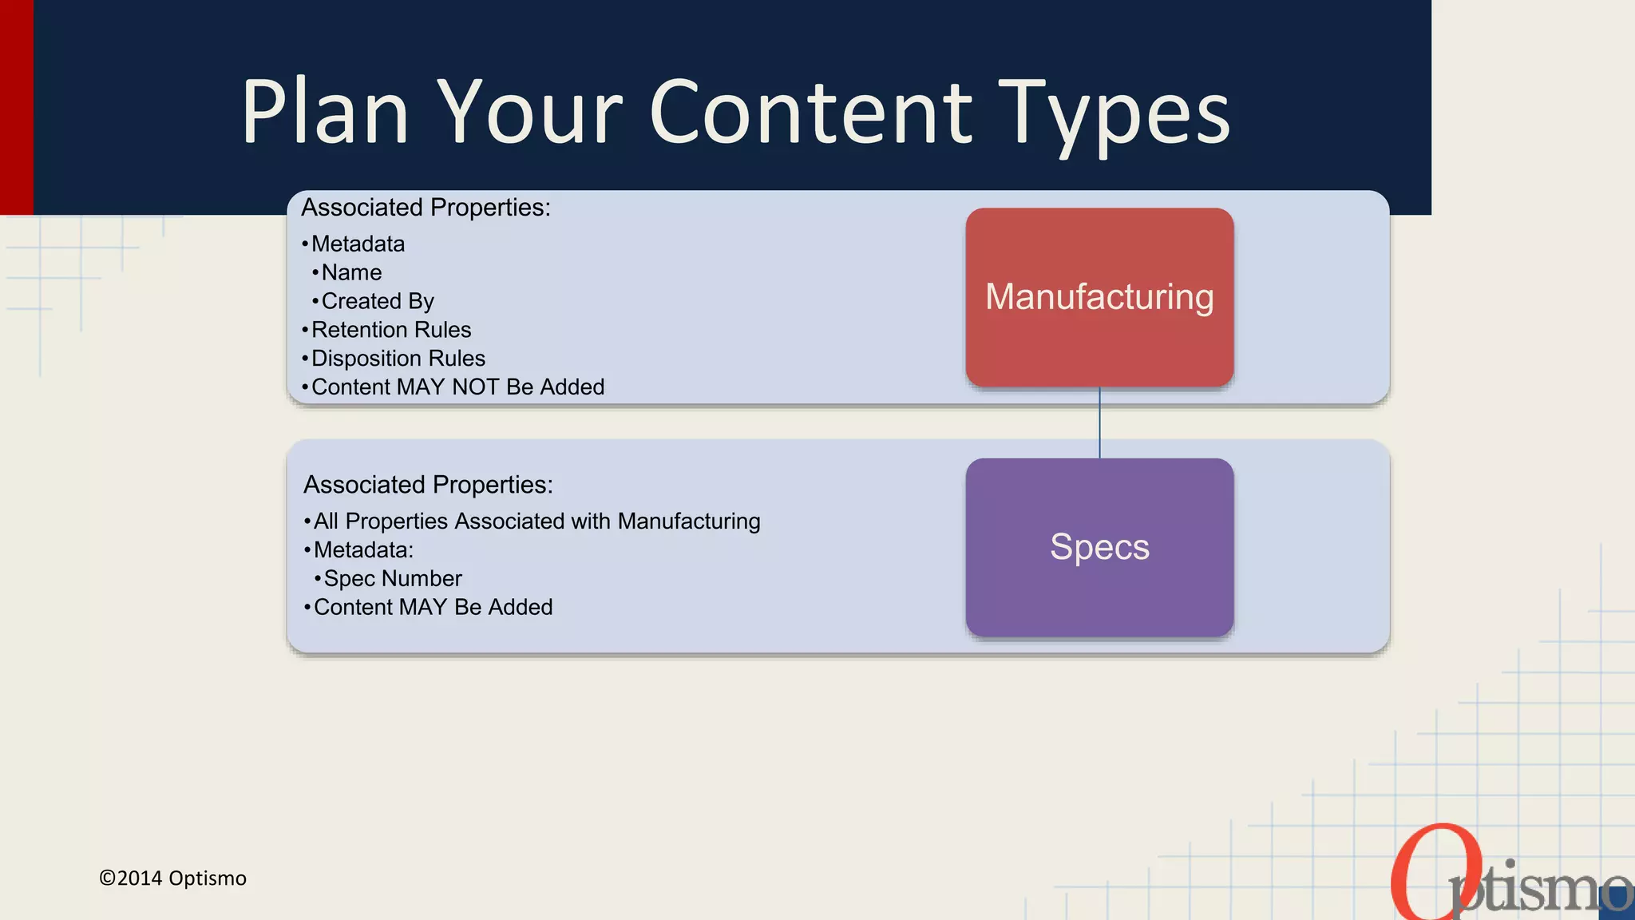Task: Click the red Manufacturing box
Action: point(1099,297)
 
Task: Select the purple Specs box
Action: point(1099,547)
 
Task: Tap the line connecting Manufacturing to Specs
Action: point(1099,422)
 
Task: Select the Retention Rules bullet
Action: point(390,330)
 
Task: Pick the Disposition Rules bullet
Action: point(398,359)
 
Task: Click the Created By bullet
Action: point(377,301)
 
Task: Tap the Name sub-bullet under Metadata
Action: point(351,272)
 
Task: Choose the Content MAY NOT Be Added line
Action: point(457,387)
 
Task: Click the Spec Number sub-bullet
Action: point(392,578)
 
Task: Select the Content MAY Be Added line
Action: point(433,607)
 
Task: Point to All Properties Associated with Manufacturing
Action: point(536,521)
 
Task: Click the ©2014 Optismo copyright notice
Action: point(172,878)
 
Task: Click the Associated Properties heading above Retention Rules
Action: point(426,208)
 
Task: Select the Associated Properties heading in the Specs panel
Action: point(428,485)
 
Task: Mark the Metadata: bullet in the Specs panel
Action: point(363,549)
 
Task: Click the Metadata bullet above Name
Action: point(358,244)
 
